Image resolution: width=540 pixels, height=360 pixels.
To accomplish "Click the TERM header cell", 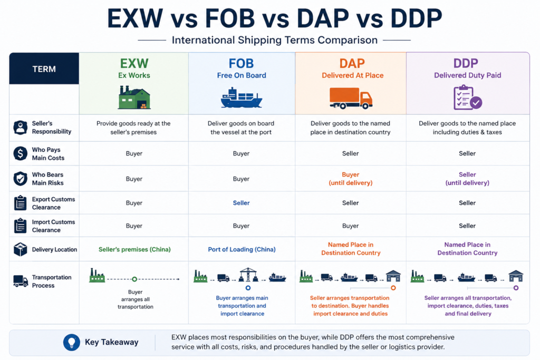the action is point(44,69).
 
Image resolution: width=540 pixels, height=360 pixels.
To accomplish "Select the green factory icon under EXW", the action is point(134,98).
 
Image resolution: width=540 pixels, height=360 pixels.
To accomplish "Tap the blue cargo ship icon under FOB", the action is point(241,98).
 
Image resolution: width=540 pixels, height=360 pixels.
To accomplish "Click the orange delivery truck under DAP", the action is point(351,99).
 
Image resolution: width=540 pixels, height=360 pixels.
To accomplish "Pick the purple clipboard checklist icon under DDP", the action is point(467,98).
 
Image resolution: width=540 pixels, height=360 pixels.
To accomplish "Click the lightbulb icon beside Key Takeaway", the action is point(72,342).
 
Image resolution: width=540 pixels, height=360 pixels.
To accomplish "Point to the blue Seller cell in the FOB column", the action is point(241,203).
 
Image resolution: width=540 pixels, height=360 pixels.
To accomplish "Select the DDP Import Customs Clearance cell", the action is point(467,226).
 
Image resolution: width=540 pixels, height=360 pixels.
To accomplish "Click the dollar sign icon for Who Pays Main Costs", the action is point(21,153).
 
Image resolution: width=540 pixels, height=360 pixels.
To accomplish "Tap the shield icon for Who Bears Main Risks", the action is point(21,179).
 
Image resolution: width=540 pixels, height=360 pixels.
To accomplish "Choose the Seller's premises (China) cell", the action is point(134,249).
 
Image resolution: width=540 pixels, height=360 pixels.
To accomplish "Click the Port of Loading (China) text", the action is point(242,249).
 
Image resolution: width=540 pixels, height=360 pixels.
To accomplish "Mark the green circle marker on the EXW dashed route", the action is point(134,279).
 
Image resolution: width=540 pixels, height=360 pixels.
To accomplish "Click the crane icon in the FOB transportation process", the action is point(248,275).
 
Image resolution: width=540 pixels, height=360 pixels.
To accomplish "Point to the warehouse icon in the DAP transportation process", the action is point(393,276).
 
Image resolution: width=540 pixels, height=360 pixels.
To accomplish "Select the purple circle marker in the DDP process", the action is point(516,288).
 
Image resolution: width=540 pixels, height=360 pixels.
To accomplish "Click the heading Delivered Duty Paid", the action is point(467,75).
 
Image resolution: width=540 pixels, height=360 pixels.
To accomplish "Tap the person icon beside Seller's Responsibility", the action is point(21,128).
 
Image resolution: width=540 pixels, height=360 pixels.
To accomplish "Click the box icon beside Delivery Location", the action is point(21,249).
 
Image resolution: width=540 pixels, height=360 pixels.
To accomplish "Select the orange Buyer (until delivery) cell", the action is point(350,179).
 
